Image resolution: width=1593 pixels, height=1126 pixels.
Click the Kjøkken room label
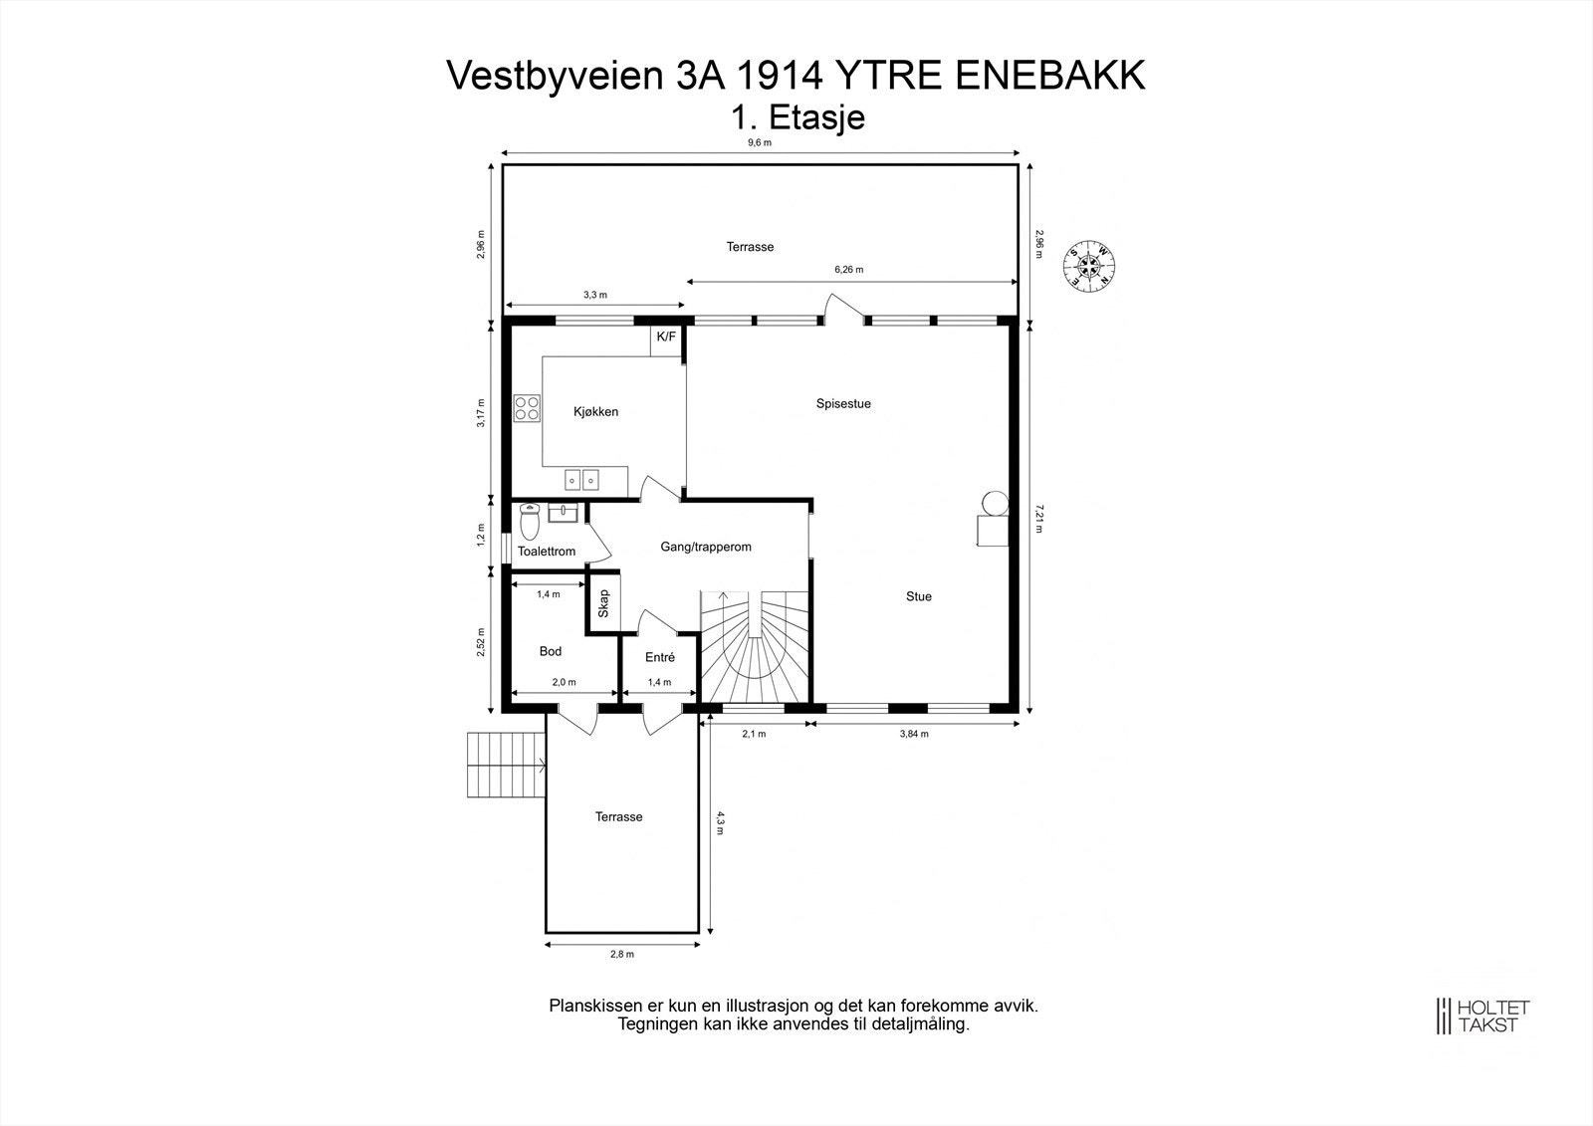(595, 411)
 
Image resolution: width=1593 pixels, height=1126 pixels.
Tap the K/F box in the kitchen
(666, 338)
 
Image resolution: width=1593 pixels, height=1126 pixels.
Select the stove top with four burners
(527, 408)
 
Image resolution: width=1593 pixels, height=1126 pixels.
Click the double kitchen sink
(582, 481)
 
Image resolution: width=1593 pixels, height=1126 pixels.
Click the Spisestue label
(843, 403)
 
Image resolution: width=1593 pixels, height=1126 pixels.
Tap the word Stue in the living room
(918, 596)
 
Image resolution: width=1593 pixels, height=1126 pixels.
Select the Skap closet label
(603, 603)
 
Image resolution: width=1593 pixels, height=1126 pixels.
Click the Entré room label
(659, 657)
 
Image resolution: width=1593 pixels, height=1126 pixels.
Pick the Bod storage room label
(550, 651)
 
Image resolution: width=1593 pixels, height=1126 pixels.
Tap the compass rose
(1089, 265)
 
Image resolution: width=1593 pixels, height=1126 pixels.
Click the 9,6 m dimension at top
(760, 142)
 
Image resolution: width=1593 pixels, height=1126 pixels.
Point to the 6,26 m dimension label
(848, 270)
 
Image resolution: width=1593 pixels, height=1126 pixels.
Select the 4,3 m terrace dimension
(720, 822)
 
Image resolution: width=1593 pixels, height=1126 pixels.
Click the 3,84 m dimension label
(913, 734)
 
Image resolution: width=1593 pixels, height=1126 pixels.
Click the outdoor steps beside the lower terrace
(506, 765)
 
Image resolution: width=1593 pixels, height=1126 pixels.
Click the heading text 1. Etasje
(796, 117)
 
